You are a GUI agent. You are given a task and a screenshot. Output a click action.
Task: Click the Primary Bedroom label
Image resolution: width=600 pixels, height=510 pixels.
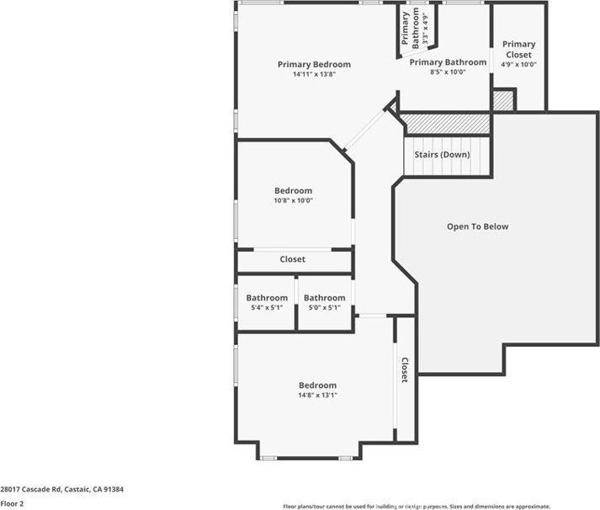[x=314, y=65]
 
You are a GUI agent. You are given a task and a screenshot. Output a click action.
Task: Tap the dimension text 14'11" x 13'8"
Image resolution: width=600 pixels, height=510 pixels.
[x=314, y=75]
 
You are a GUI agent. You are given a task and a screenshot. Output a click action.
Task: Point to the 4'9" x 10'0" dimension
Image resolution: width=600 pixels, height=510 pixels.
[x=518, y=65]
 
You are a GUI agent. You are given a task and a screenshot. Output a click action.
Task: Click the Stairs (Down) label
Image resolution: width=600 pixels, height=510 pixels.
[x=442, y=155]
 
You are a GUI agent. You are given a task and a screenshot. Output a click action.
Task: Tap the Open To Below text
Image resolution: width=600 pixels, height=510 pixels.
[x=477, y=226]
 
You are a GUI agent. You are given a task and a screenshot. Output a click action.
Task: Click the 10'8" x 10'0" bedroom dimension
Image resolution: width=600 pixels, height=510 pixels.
[x=293, y=201]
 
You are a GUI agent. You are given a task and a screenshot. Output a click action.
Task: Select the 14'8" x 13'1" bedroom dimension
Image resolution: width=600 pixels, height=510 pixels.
[x=317, y=395]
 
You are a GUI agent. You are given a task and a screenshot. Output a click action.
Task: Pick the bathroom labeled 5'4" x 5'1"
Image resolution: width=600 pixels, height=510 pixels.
[x=267, y=308]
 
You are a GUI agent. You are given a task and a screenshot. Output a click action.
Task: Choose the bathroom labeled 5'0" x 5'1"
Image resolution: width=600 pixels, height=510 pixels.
[x=324, y=308]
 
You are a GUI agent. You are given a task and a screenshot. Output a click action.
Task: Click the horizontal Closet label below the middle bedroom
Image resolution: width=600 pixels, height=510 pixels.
[x=292, y=259]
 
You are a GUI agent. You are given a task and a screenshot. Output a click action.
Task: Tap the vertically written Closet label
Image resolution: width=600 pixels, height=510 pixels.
[x=405, y=370]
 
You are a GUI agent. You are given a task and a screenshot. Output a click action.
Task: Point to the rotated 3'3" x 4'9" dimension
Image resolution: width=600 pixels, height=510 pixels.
[x=427, y=29]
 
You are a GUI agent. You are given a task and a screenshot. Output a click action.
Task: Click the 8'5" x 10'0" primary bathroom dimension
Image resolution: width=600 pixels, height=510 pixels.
[x=448, y=72]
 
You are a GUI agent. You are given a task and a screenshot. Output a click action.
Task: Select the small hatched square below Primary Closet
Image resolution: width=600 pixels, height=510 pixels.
[x=502, y=100]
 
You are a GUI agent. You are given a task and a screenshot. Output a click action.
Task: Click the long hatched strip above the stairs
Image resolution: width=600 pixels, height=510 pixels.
[x=444, y=124]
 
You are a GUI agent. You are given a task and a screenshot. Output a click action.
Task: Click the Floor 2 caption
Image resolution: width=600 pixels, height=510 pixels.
[x=12, y=503]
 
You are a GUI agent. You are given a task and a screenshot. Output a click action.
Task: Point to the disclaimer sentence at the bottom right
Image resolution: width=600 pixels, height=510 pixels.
[x=416, y=507]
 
